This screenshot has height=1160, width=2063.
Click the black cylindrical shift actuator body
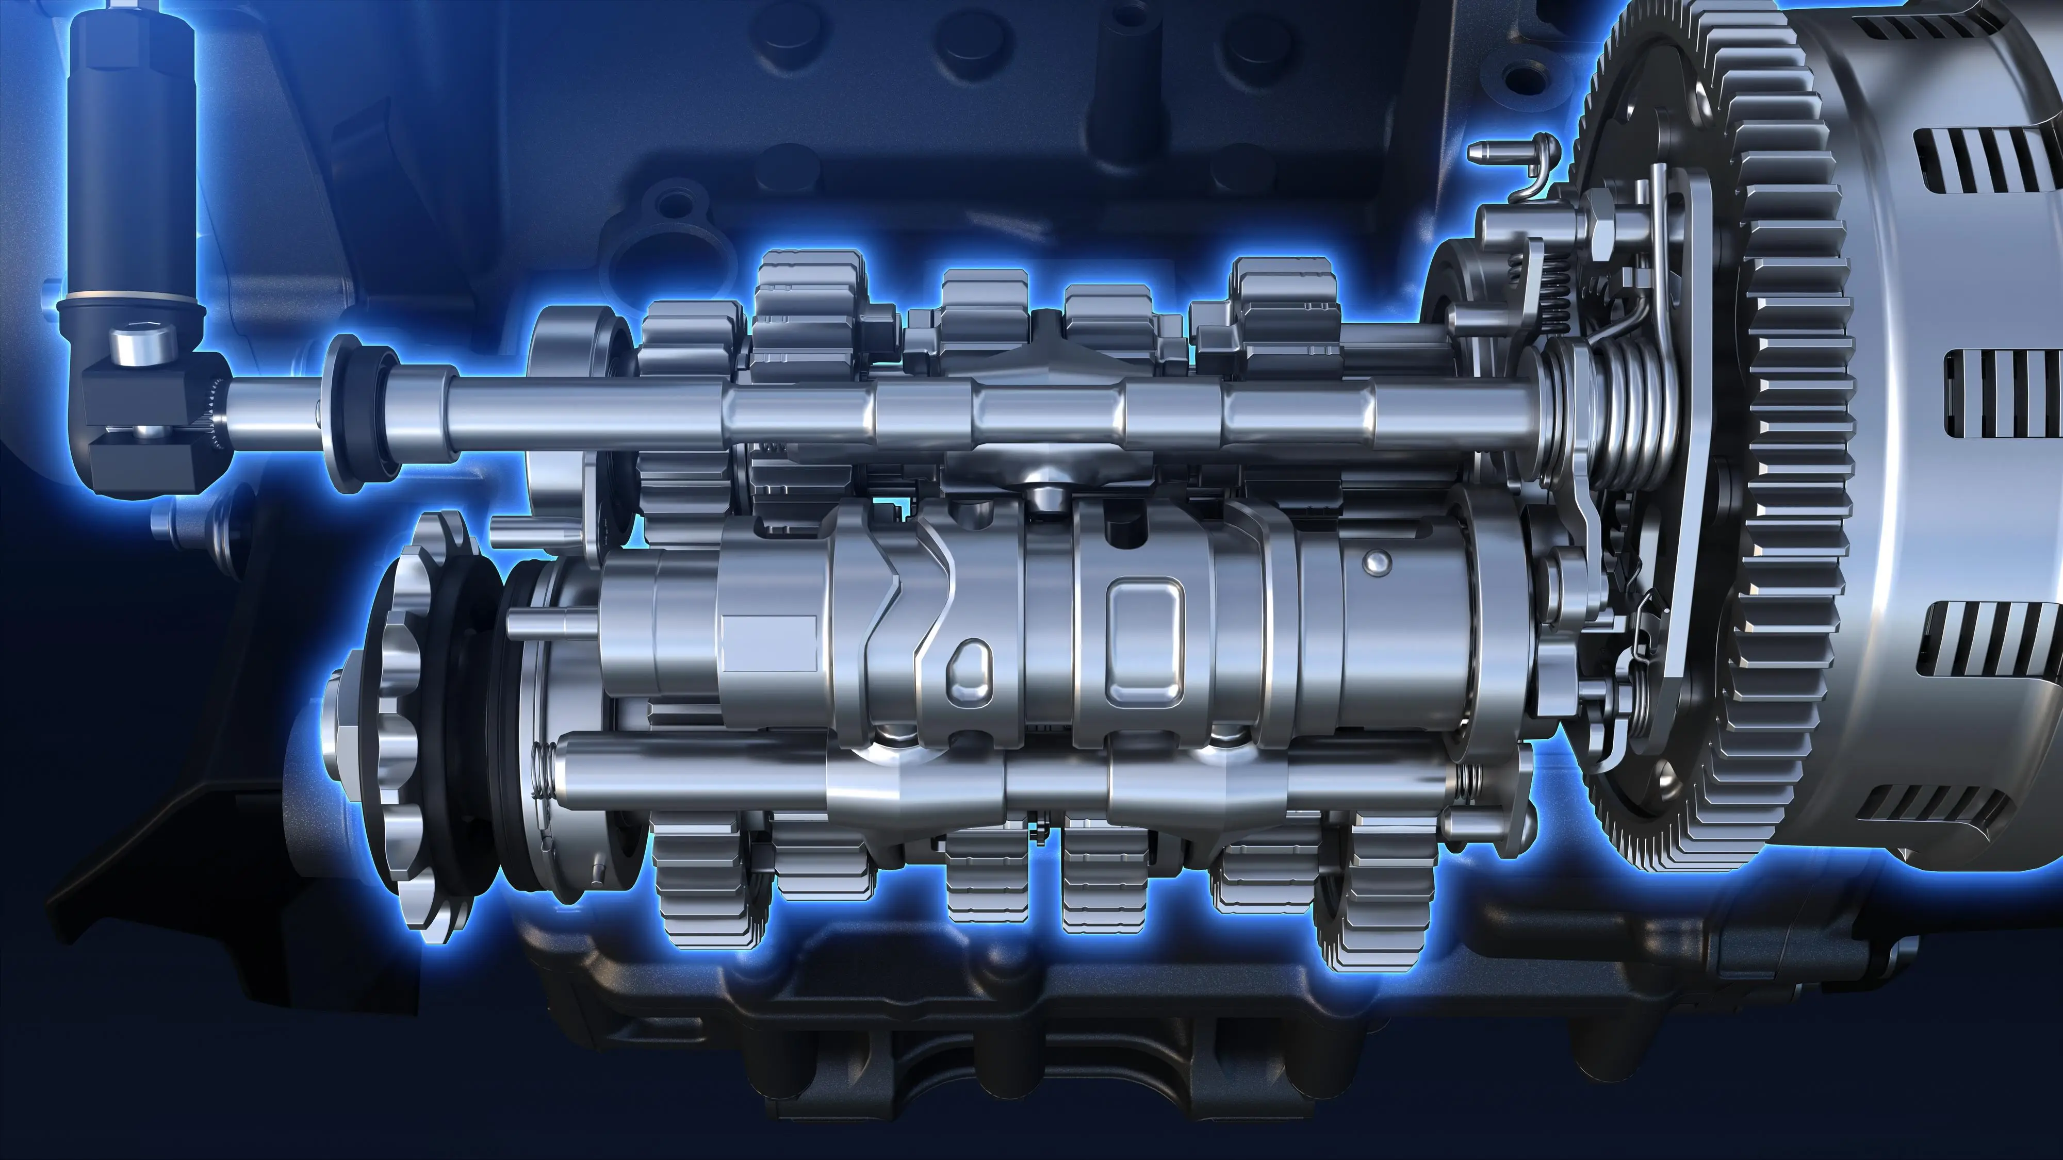pyautogui.click(x=132, y=160)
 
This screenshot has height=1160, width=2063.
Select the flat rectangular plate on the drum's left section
pyautogui.click(x=769, y=644)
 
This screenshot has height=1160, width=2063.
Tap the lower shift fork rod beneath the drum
pyautogui.click(x=1001, y=781)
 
